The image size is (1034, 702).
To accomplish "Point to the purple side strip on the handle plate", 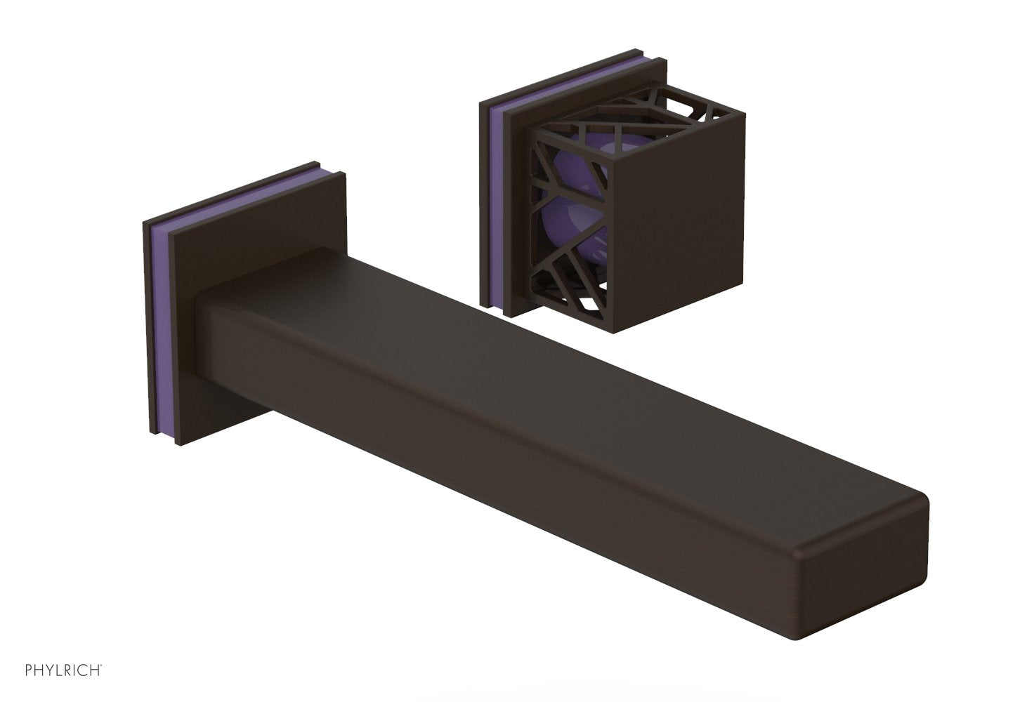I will point(493,211).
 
